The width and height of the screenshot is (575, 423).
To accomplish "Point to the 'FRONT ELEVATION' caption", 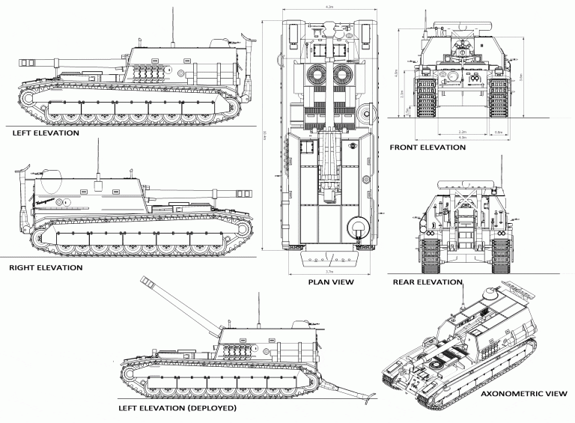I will [x=428, y=147].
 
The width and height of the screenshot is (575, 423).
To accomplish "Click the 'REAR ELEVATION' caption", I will [x=428, y=282].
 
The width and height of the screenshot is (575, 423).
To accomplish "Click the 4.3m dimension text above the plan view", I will [x=329, y=6].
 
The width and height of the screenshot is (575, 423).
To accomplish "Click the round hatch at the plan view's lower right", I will [x=358, y=225].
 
